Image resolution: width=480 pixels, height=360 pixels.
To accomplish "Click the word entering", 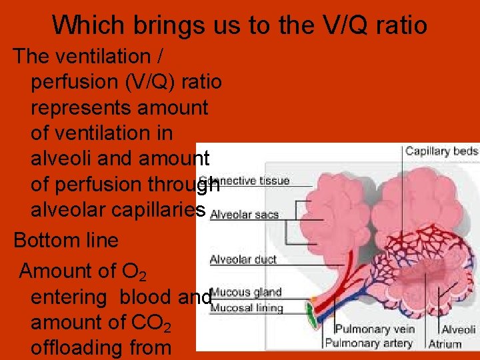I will click(71, 297).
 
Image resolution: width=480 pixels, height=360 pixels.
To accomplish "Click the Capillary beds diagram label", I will click(441, 151).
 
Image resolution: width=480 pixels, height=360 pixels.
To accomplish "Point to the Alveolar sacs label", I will click(244, 215).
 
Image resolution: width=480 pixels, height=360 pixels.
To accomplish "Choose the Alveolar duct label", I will click(243, 259).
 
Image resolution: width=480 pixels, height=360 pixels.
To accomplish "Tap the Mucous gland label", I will click(245, 293).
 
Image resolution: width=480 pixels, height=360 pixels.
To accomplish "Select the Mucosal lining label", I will click(246, 307).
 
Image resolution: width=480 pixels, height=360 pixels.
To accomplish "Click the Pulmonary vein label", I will click(374, 329).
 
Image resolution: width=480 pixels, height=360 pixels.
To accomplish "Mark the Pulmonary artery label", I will click(369, 343).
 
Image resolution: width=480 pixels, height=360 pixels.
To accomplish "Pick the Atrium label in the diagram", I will click(445, 344).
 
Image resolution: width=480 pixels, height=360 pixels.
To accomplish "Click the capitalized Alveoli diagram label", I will click(459, 329).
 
